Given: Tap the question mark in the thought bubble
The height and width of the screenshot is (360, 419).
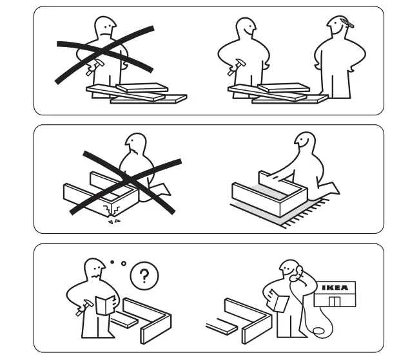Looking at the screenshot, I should pyautogui.click(x=144, y=277).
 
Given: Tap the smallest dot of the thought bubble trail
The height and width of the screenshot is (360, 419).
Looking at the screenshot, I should pyautogui.click(x=112, y=261).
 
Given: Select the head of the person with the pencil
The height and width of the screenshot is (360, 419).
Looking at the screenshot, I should pyautogui.click(x=337, y=27).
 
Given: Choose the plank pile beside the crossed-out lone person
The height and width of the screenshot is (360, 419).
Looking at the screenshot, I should pyautogui.click(x=135, y=93).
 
